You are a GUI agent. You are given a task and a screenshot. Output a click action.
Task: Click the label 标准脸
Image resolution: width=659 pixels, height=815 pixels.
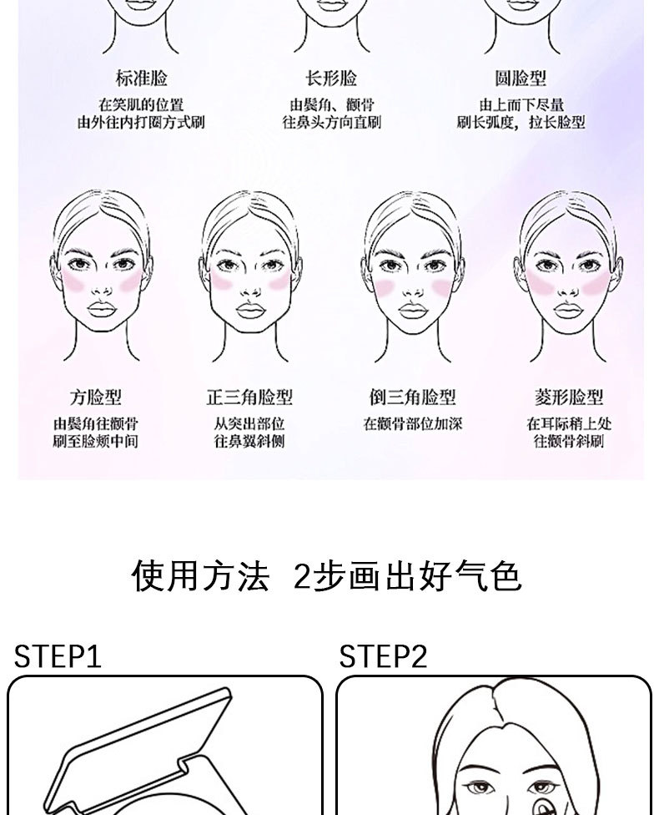(x=141, y=78)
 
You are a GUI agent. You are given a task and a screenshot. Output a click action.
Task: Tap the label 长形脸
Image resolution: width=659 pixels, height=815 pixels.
(x=331, y=78)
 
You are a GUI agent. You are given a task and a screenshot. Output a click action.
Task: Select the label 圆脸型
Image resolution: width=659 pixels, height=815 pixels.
(x=521, y=78)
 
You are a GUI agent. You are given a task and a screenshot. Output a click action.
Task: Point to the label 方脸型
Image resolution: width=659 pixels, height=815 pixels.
(x=95, y=397)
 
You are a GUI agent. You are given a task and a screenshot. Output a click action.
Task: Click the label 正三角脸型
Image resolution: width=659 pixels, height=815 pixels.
(x=249, y=397)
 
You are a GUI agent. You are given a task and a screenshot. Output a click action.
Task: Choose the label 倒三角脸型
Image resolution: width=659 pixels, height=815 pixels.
(x=412, y=397)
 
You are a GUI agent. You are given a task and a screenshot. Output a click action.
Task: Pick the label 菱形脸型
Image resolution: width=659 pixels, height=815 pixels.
(x=569, y=397)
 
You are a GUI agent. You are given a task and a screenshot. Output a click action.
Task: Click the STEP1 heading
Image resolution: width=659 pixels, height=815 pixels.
(x=58, y=656)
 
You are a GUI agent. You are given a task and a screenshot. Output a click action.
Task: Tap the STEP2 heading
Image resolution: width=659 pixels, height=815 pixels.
(x=383, y=656)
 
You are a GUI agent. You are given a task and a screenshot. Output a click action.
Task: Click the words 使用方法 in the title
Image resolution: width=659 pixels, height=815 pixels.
(x=200, y=576)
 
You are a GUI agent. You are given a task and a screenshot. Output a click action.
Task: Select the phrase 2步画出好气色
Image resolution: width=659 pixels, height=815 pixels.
(x=408, y=576)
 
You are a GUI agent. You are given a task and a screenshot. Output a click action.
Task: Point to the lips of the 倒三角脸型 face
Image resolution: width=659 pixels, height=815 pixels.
(x=412, y=311)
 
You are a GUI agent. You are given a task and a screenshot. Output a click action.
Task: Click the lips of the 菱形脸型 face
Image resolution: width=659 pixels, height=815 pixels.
(x=567, y=310)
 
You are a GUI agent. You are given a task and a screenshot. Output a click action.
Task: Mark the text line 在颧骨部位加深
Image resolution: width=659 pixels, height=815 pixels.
(x=412, y=424)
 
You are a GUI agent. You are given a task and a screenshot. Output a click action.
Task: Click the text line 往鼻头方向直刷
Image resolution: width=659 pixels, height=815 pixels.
(x=331, y=123)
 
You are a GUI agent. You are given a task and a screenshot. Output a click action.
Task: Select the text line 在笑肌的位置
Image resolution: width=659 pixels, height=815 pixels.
(x=141, y=105)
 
